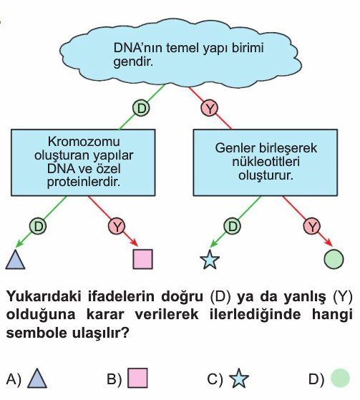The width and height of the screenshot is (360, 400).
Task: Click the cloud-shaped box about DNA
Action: point(180,53)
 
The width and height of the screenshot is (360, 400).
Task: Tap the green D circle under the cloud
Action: point(141,108)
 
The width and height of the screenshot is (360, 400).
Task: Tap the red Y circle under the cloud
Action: point(210,109)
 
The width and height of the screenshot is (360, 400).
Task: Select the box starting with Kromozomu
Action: point(83,162)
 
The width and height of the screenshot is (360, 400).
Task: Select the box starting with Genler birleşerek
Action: point(266,162)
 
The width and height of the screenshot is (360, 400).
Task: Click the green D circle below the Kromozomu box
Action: point(38,226)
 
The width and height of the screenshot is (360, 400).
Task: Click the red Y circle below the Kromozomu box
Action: point(117,226)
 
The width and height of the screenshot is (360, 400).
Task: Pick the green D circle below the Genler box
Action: point(232,226)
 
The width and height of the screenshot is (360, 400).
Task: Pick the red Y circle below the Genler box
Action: point(312,226)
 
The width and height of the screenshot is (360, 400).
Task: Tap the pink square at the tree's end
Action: point(143,259)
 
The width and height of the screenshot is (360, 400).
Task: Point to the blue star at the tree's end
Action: point(210,260)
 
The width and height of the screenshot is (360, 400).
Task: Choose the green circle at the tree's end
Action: point(334,259)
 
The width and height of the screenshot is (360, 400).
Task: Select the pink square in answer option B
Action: point(137,378)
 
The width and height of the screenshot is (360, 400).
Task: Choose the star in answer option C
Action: point(239,379)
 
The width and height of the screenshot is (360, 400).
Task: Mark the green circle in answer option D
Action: point(340,378)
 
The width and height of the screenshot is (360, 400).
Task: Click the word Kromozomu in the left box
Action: point(84,142)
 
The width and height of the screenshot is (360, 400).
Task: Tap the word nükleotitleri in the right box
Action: point(266,162)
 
